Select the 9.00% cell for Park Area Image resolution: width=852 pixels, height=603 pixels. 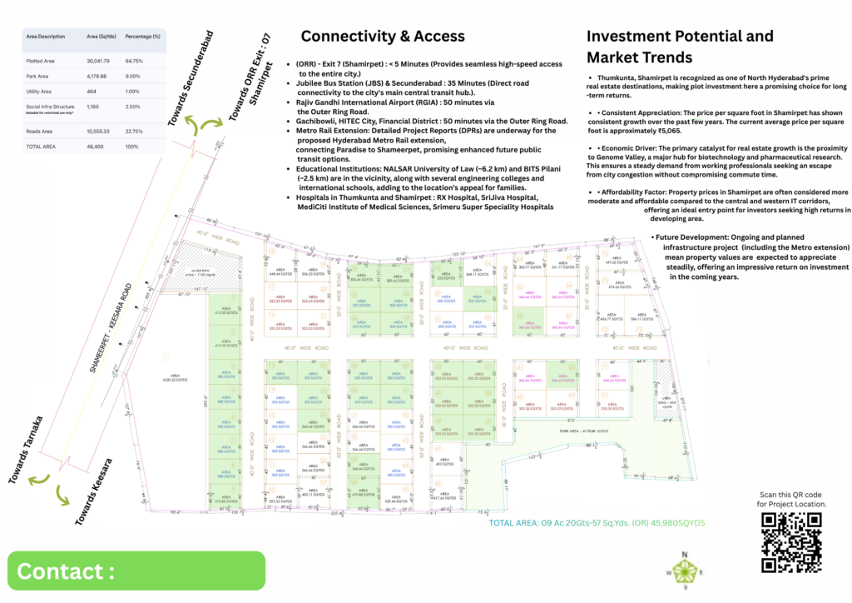(x=133, y=77)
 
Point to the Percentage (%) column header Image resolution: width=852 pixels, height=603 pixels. (x=142, y=37)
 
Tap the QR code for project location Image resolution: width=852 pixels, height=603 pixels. (x=791, y=543)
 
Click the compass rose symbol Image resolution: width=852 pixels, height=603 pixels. (x=686, y=572)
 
